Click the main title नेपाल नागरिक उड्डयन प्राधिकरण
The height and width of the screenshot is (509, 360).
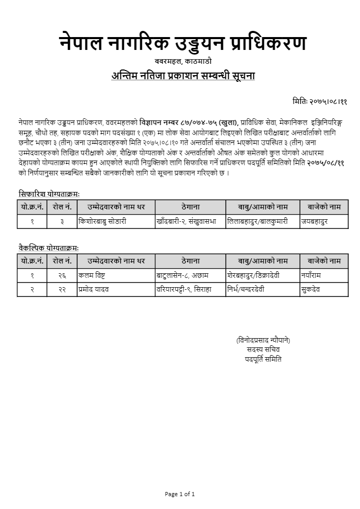click(183, 43)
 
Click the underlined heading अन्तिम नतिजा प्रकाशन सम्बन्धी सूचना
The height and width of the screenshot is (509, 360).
click(183, 76)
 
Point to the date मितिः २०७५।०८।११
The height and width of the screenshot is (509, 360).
click(319, 101)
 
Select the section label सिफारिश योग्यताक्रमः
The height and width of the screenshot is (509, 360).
click(49, 194)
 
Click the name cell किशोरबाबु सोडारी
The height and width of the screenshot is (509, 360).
click(102, 221)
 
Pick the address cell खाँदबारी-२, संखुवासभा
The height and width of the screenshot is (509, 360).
click(186, 221)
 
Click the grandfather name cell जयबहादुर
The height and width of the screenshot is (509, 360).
click(314, 221)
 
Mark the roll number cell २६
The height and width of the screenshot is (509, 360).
click(62, 275)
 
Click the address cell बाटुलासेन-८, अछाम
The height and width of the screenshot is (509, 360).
click(183, 275)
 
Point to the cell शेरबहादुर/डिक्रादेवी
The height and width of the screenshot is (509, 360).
click(254, 275)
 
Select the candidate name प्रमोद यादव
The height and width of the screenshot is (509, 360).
click(94, 289)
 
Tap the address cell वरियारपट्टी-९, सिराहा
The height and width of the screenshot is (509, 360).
click(184, 289)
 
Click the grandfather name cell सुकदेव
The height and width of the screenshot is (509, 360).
click(311, 289)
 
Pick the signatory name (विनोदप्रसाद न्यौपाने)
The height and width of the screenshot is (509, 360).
click(263, 340)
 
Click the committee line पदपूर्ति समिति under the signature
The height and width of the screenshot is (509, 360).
click(263, 359)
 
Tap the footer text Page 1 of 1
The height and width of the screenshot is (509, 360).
click(180, 494)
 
